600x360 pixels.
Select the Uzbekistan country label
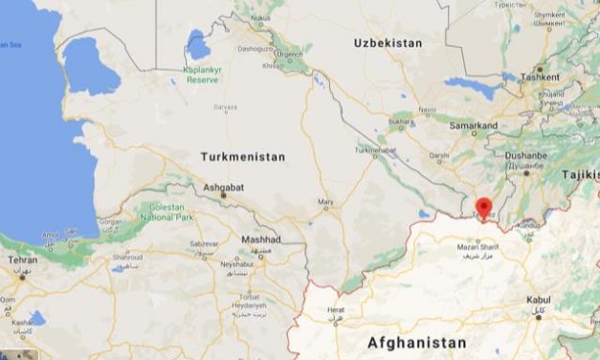coord(388,44)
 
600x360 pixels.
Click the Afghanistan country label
coord(417,342)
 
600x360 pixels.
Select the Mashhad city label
coord(259,238)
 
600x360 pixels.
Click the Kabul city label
coord(539,300)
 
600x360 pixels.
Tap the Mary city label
coord(326,202)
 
